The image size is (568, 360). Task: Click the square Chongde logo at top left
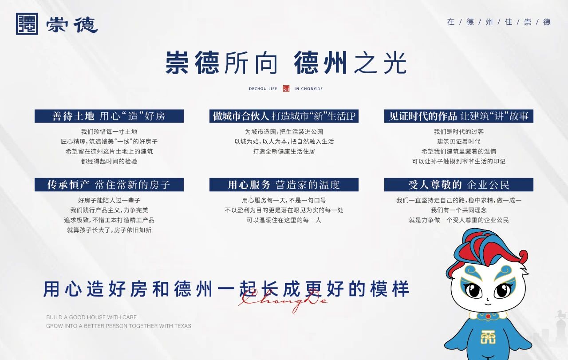click(27, 24)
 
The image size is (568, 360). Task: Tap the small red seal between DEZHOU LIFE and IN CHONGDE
click(286, 88)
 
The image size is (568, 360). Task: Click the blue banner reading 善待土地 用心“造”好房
click(109, 116)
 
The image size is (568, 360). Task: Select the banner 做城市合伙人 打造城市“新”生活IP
click(284, 116)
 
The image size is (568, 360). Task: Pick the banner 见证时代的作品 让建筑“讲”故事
click(459, 116)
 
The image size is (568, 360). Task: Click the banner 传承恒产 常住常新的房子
click(109, 185)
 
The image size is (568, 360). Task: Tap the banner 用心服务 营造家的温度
click(284, 185)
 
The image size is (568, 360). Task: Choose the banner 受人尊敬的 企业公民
click(459, 185)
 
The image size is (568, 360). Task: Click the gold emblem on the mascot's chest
click(488, 337)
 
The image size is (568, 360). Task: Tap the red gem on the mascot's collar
click(488, 316)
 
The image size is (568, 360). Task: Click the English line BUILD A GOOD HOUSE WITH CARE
click(91, 317)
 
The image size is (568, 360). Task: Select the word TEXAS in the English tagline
click(183, 326)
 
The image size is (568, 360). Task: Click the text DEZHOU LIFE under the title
click(263, 89)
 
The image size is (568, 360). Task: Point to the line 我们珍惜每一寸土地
click(109, 132)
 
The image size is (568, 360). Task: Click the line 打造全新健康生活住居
click(284, 151)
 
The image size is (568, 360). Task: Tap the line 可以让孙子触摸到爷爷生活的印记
click(459, 161)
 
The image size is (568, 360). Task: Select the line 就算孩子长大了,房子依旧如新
click(109, 230)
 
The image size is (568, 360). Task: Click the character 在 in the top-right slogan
click(450, 22)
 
